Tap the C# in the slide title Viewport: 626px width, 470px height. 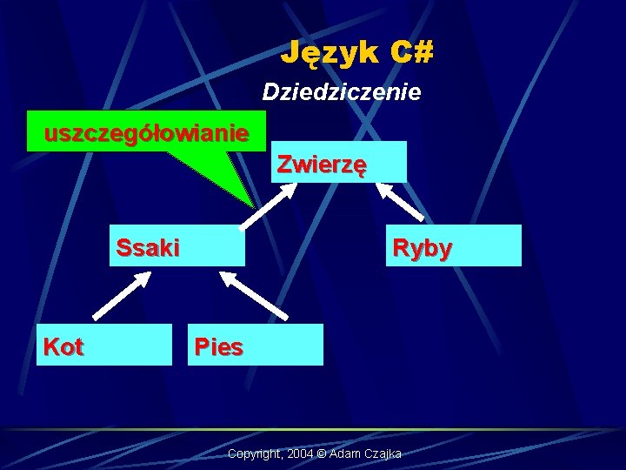(x=412, y=53)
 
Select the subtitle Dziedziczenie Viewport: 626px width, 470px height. (x=342, y=91)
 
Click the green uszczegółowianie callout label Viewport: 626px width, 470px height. (x=146, y=133)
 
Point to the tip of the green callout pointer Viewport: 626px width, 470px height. (x=253, y=205)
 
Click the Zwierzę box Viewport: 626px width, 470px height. (x=339, y=162)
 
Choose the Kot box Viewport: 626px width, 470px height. (x=104, y=346)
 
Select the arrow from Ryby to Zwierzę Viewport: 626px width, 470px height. (x=403, y=201)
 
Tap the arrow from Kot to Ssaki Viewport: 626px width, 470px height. (x=121, y=295)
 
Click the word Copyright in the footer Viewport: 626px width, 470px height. (x=253, y=455)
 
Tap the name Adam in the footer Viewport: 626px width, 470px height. (x=343, y=455)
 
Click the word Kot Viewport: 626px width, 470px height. (x=63, y=347)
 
